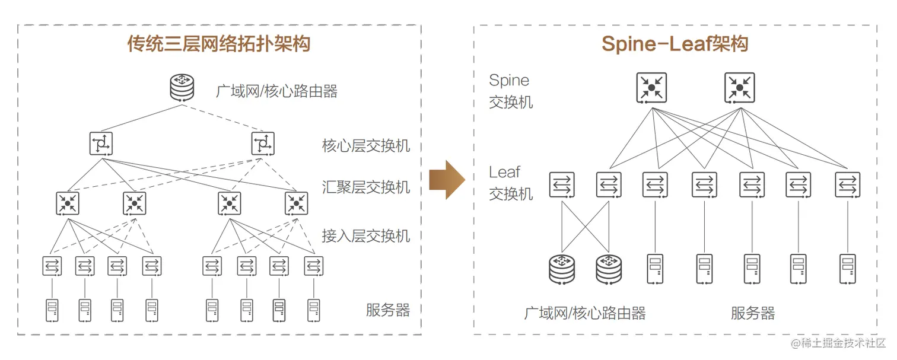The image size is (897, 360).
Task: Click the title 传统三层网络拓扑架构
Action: tap(218, 43)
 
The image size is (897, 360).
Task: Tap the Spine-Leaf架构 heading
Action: tap(675, 43)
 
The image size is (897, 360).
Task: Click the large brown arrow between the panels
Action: tap(447, 179)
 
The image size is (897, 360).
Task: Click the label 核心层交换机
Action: tap(366, 146)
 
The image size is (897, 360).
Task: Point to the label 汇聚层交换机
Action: tap(366, 187)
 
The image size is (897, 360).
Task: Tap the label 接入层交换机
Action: tap(366, 235)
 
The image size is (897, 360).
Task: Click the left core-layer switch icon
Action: tap(101, 143)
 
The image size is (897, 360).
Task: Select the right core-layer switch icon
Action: tap(263, 143)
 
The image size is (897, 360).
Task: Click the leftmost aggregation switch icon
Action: tap(68, 203)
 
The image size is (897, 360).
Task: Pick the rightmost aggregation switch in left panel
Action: tap(295, 203)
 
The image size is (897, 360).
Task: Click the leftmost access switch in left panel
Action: tap(52, 266)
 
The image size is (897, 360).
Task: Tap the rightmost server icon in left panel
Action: tap(314, 310)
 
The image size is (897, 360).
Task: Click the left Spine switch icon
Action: tap(651, 87)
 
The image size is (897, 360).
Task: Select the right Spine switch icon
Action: tap(739, 87)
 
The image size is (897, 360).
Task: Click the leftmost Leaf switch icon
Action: tap(561, 185)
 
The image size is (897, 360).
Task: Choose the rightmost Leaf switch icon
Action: tap(847, 185)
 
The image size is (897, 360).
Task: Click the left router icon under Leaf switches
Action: tap(562, 268)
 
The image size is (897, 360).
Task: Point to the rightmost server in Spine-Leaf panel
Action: tap(847, 268)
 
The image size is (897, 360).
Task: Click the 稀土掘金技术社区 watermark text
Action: tap(838, 343)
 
